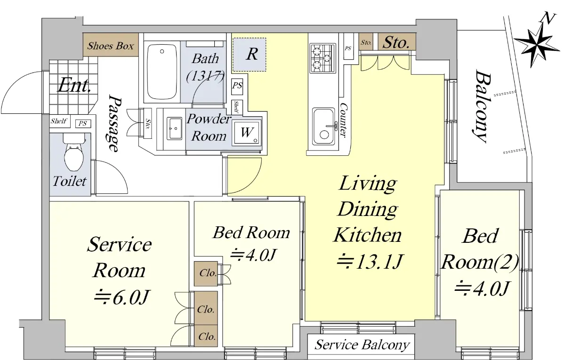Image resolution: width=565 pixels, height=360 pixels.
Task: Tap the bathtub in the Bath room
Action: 162,72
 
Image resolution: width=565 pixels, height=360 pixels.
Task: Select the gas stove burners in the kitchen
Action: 323,58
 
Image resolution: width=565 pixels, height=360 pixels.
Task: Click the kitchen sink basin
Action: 323,126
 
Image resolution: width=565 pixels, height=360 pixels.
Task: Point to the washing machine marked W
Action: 247,132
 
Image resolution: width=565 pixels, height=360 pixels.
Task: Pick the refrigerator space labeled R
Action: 249,55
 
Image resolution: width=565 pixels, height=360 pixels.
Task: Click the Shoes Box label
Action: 111,46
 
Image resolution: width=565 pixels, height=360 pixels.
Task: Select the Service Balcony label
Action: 362,345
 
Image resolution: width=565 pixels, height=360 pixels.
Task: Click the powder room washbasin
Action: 175,128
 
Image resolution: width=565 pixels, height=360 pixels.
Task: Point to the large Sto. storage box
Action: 396,42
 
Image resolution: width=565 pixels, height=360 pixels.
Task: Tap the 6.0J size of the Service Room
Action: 122,297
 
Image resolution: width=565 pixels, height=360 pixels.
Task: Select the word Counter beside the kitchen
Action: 344,120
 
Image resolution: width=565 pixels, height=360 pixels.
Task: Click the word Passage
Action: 114,123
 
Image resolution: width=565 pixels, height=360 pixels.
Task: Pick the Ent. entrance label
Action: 74,85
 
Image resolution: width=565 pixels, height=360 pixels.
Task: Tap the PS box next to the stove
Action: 348,48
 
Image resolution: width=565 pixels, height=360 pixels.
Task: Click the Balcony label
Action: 481,106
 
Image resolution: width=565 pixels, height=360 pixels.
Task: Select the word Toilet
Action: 70,181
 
